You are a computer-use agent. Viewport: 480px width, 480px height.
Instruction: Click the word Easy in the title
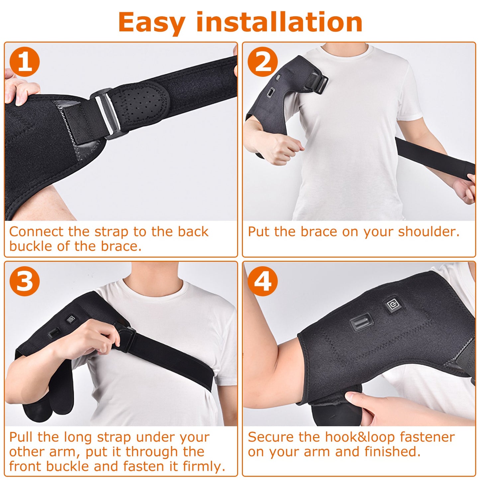coord(151,23)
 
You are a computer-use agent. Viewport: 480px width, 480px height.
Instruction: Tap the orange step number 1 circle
coord(25,62)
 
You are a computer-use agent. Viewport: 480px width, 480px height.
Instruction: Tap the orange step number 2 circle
coord(262,62)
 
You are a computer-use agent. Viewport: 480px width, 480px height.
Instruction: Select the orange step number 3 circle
coord(25,281)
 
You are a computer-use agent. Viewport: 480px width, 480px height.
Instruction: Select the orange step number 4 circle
coord(262,281)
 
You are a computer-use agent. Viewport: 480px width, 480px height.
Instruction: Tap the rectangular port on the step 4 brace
coord(361,322)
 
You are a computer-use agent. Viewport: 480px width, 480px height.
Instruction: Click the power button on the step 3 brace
coord(71,320)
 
